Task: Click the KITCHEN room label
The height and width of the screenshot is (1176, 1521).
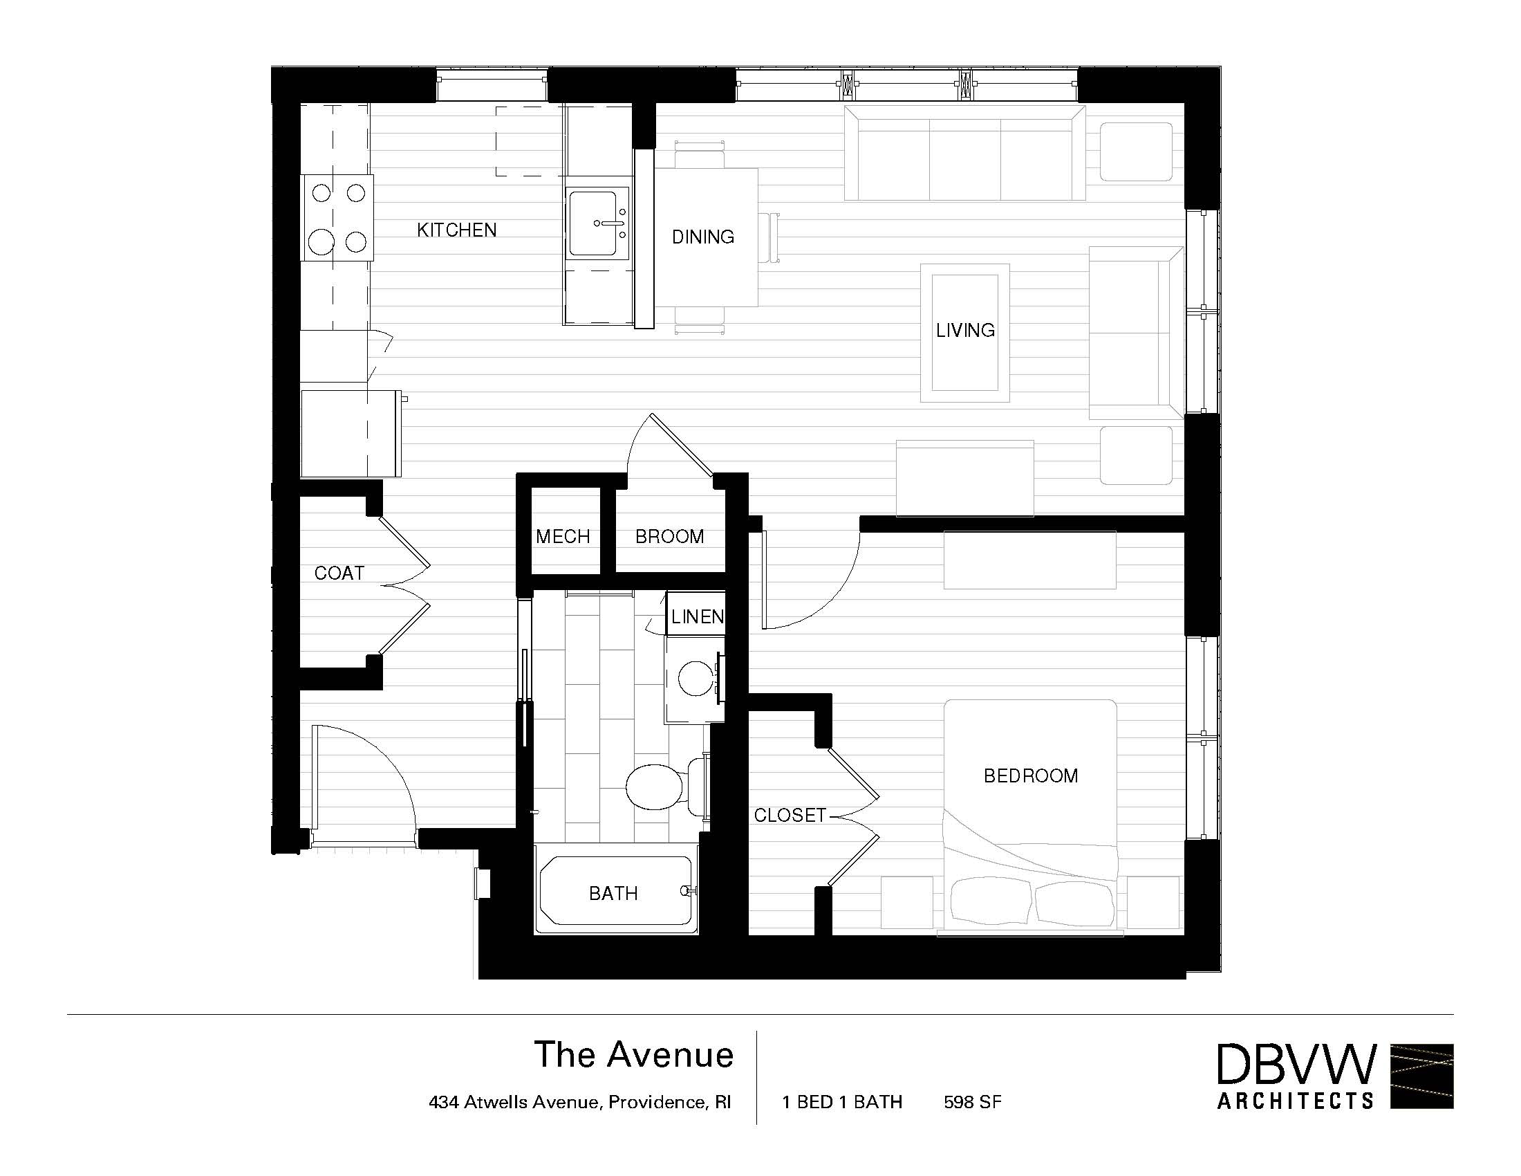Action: click(x=457, y=230)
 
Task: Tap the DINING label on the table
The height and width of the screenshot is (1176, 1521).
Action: click(x=702, y=237)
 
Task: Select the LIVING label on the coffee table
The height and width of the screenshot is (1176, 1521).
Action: click(x=965, y=330)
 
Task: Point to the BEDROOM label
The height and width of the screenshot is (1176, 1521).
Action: click(x=1031, y=775)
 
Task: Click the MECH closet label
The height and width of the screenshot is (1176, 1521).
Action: click(x=563, y=536)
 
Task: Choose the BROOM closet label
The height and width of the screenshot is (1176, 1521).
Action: click(x=669, y=536)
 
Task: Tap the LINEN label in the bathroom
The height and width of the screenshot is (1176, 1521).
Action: click(x=697, y=616)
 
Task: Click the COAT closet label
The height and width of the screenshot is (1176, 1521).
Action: click(x=339, y=573)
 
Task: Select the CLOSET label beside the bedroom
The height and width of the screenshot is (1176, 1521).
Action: click(x=790, y=815)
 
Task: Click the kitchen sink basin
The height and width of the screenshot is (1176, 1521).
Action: click(x=593, y=223)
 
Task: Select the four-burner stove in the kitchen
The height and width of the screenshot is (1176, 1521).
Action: click(x=337, y=217)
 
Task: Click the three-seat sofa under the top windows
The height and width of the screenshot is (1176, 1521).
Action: click(x=964, y=153)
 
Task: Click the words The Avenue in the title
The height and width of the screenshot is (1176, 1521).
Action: click(x=634, y=1054)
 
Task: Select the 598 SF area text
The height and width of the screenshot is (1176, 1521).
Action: click(x=972, y=1101)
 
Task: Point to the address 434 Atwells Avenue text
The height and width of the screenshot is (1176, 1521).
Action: click(x=579, y=1102)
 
